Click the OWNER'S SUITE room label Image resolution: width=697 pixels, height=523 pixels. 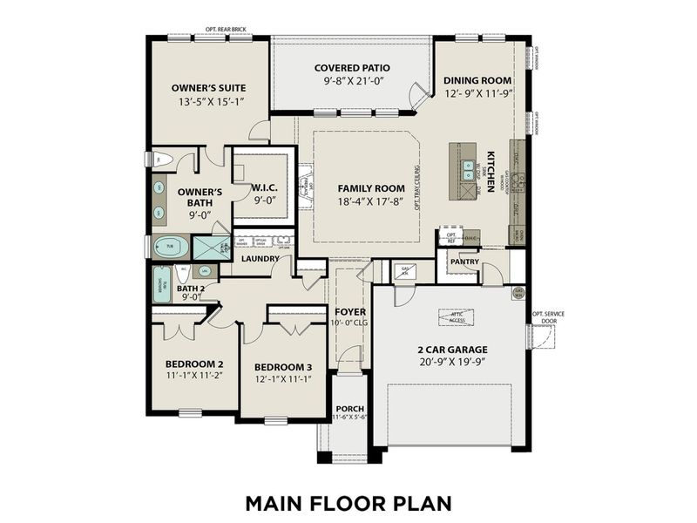pos(208,88)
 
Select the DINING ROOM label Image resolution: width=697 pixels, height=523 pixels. pos(477,80)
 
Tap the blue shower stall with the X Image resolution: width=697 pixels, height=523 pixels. pos(210,248)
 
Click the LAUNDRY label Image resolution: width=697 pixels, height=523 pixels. pos(261,259)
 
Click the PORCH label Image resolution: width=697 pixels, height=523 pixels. pos(349,408)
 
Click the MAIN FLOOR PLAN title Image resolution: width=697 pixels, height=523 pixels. pos(348,503)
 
